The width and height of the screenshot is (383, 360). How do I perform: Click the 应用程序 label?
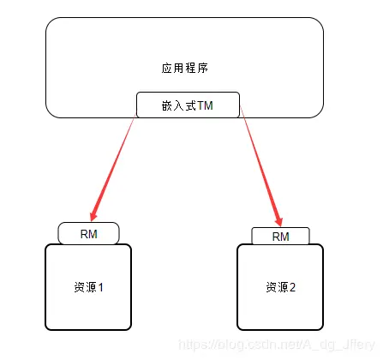point(184,67)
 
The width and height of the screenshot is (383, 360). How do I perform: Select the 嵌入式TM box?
point(188,105)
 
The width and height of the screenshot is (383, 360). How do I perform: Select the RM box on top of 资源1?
point(88,232)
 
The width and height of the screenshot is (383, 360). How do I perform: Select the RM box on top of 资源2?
point(280,236)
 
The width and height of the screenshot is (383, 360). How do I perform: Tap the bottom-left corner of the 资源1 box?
point(46,327)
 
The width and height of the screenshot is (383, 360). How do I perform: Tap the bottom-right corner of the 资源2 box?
point(321,327)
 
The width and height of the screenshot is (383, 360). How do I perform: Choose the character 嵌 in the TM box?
point(166,105)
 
